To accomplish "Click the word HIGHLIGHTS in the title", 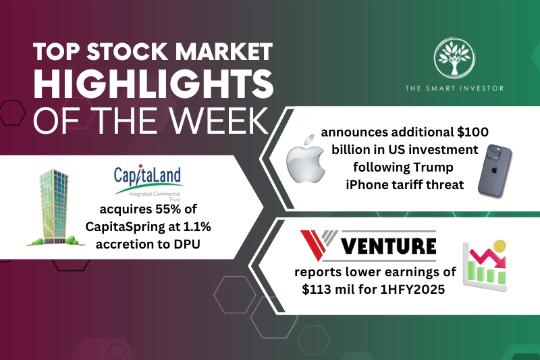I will point(153,87).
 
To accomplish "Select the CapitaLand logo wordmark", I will point(148,177).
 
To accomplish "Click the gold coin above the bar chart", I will point(500,247).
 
